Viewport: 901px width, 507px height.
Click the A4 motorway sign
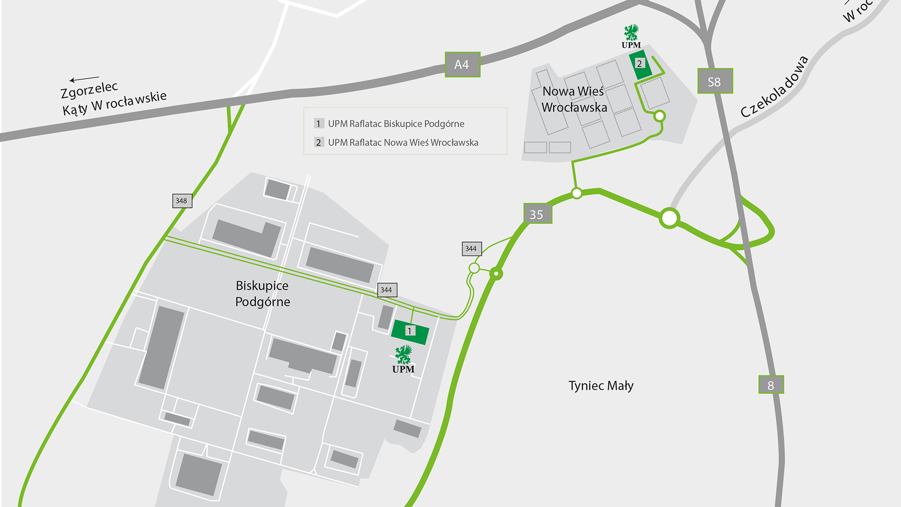[462, 65]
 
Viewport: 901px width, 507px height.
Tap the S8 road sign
[715, 81]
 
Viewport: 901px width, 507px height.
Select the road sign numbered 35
[537, 214]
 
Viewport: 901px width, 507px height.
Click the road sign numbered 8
[771, 385]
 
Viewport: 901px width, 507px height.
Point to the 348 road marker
[182, 201]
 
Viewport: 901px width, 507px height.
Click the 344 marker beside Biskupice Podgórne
[387, 290]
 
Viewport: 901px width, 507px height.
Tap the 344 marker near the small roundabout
[471, 249]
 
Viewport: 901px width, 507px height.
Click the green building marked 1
[410, 331]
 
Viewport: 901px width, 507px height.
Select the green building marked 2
[640, 64]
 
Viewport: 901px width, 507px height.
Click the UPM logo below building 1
[403, 360]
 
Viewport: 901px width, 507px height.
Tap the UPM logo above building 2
[631, 37]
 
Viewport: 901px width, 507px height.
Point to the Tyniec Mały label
[601, 386]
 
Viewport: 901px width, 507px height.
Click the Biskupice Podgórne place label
[262, 293]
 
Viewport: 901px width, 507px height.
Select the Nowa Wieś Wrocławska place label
[574, 99]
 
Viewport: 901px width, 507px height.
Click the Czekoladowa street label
[775, 87]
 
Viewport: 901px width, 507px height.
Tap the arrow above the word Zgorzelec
[84, 79]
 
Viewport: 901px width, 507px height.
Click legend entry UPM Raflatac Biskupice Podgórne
[396, 124]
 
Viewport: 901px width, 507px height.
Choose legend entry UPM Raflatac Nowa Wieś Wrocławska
[403, 143]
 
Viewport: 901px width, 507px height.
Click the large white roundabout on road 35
[669, 218]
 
